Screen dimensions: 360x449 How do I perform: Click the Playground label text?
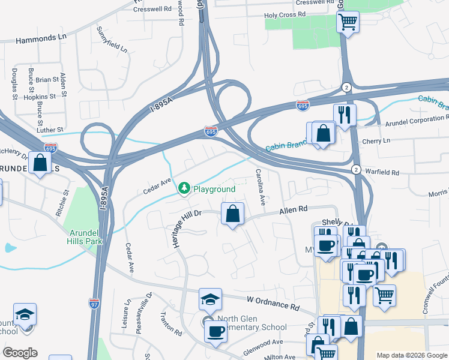click(x=214, y=189)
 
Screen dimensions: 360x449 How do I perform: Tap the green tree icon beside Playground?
click(x=184, y=189)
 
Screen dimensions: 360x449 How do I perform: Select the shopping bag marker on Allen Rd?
click(x=232, y=214)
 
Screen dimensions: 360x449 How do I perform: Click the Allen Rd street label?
click(x=293, y=209)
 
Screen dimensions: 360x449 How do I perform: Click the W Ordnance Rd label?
click(x=273, y=302)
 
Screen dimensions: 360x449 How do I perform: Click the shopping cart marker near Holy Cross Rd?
click(x=348, y=23)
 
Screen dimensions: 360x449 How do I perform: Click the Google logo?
click(x=19, y=353)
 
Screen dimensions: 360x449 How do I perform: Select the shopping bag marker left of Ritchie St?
click(x=40, y=163)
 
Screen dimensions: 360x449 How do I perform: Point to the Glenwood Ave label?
click(x=262, y=342)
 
